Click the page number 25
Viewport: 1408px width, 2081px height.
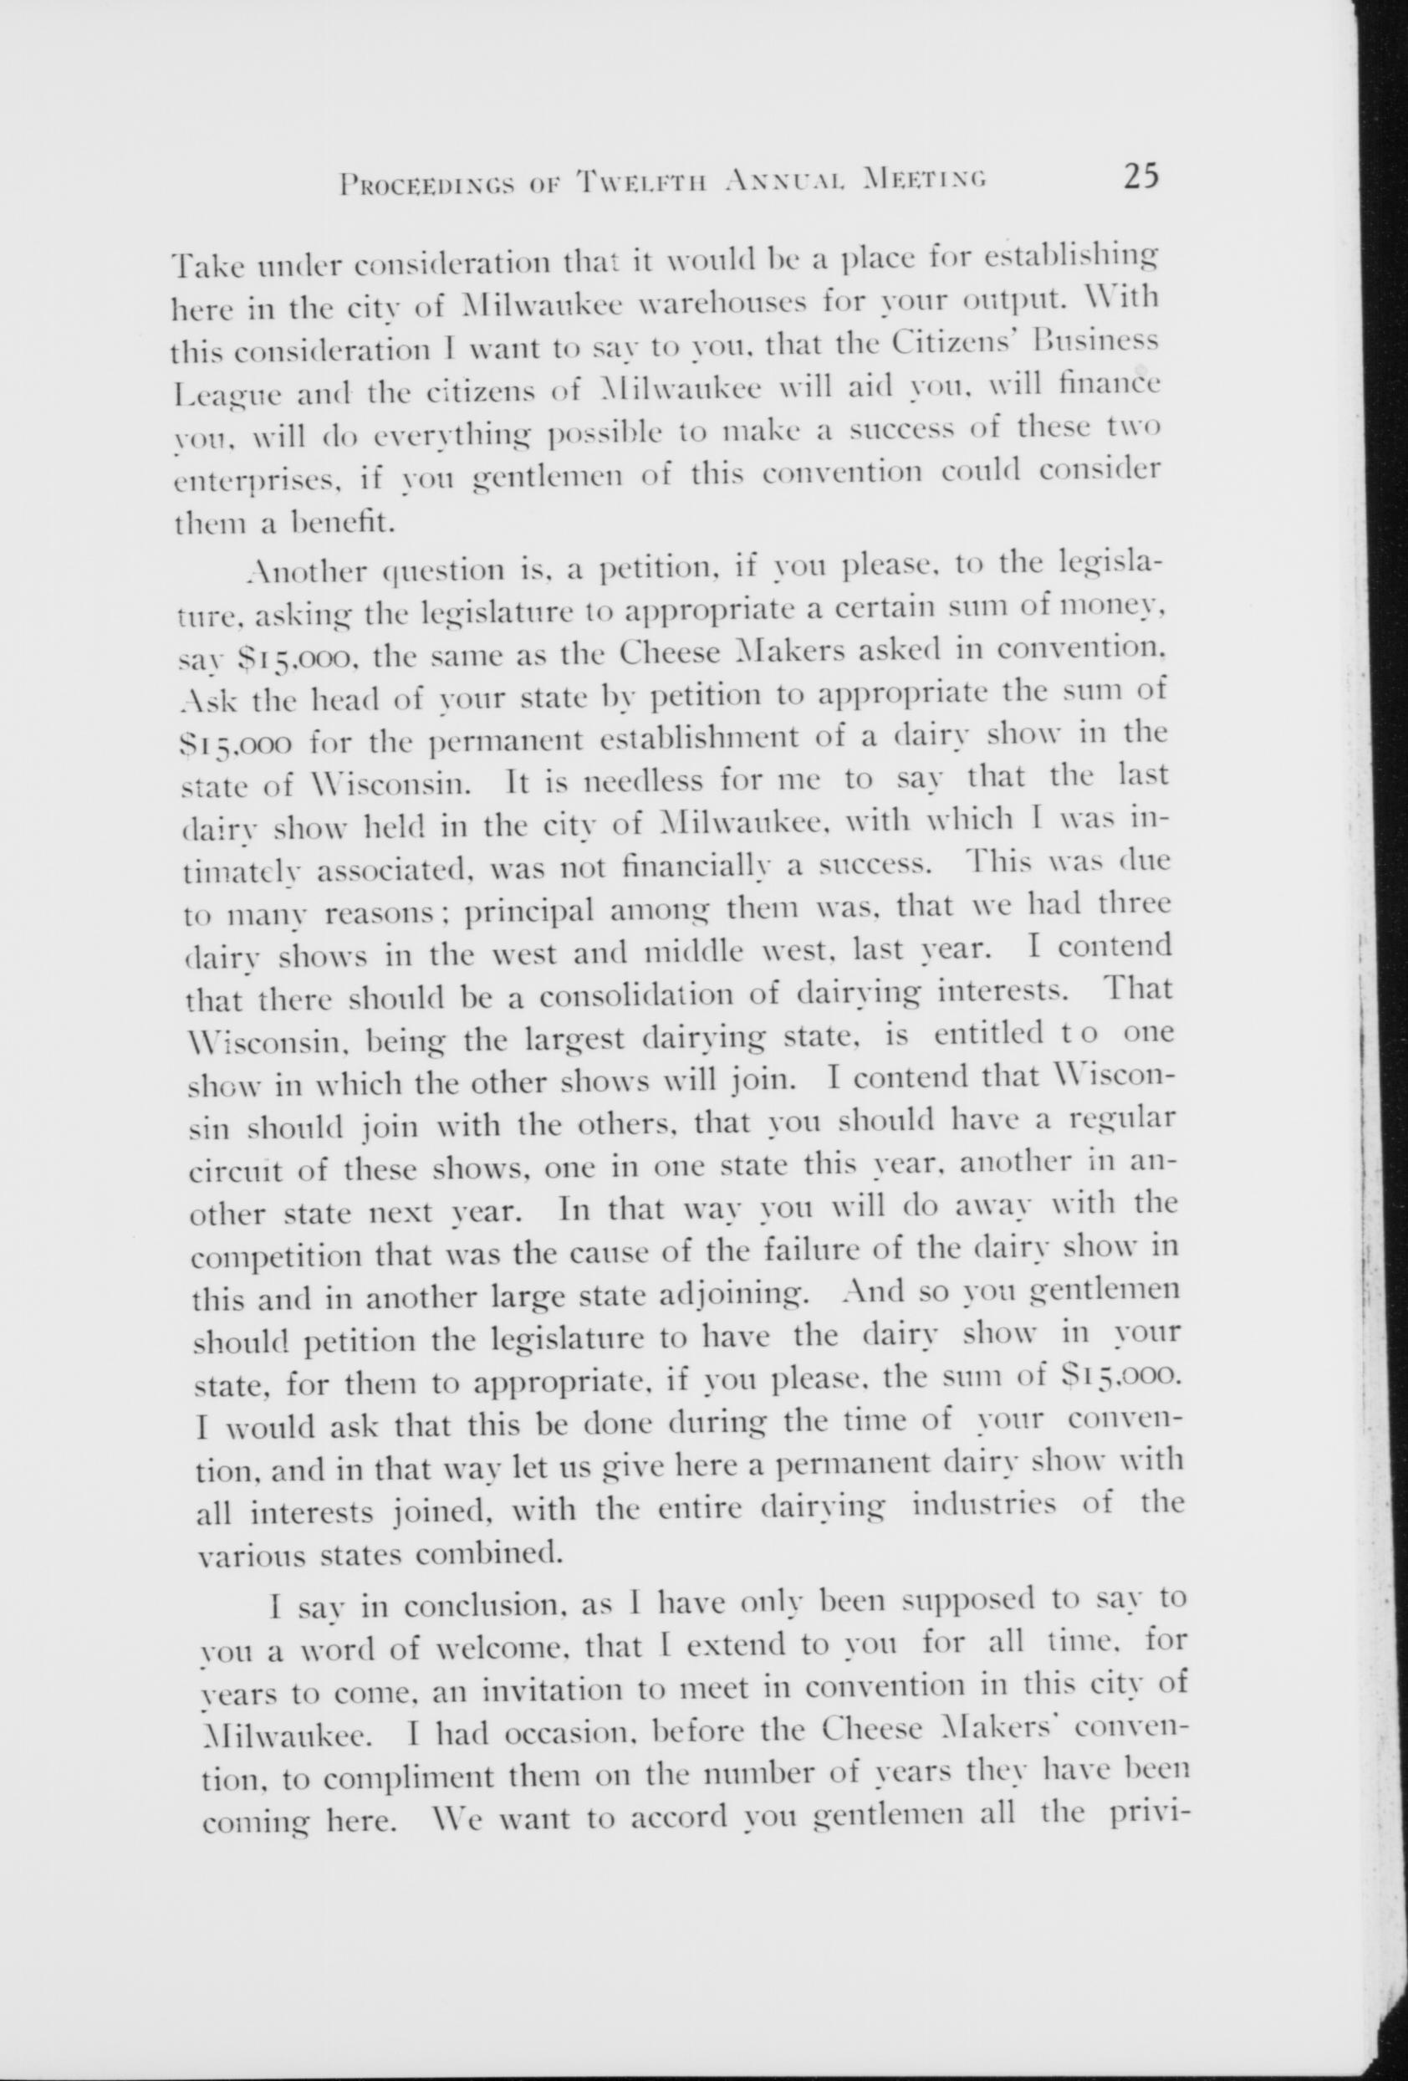coord(1134,176)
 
